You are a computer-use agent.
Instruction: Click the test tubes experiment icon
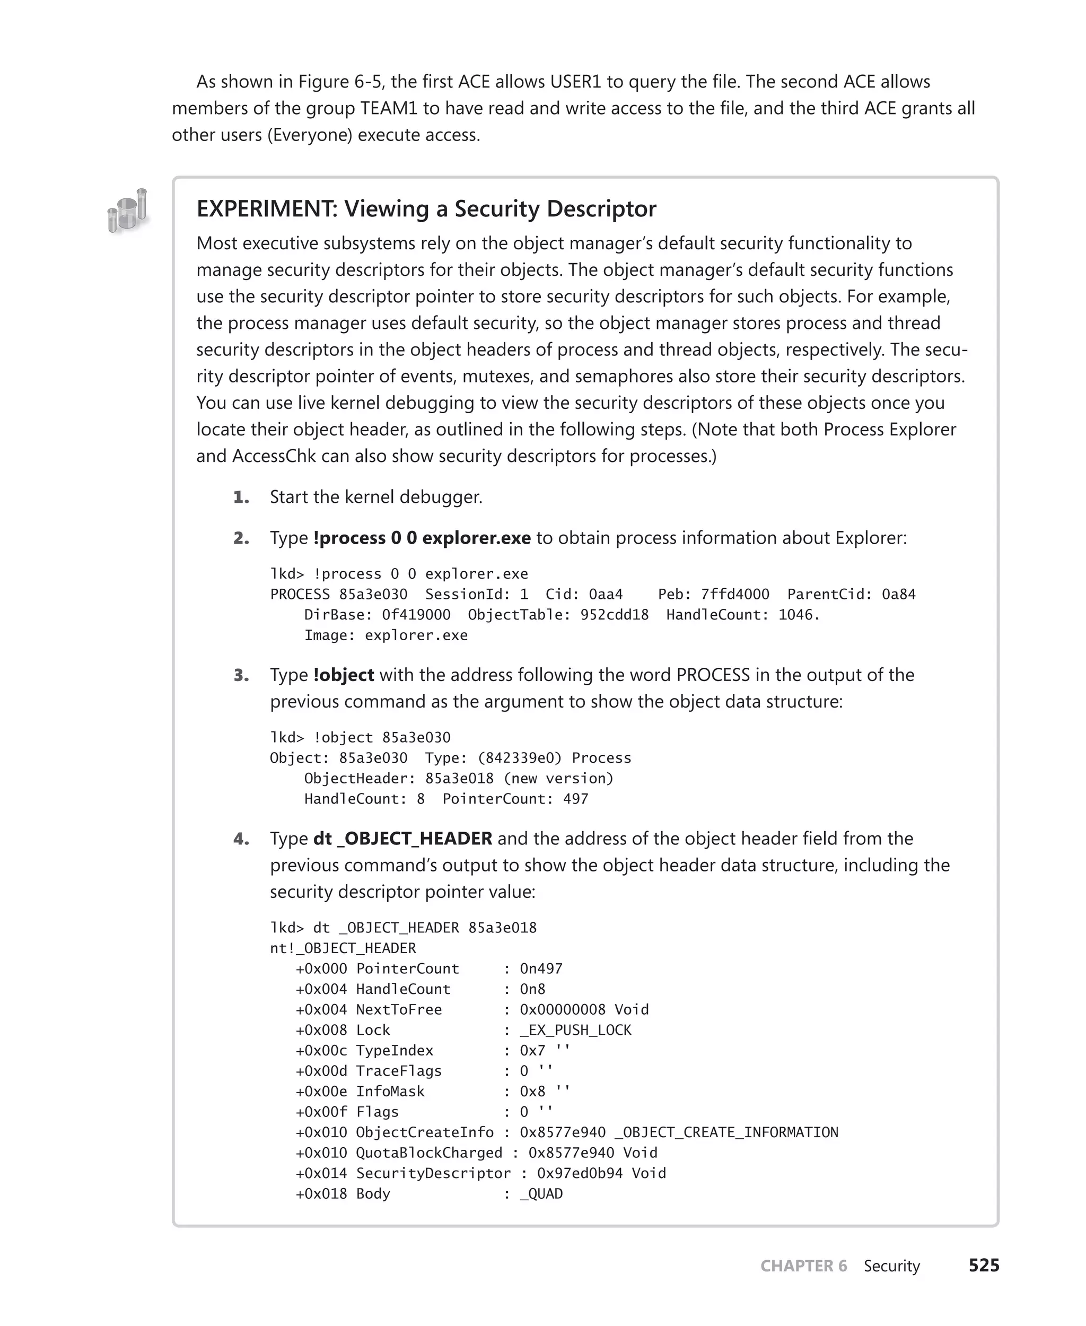(x=128, y=211)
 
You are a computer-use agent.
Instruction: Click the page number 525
(x=984, y=1266)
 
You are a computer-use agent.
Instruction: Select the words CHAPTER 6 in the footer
(x=803, y=1266)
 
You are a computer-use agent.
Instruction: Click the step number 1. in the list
(x=241, y=498)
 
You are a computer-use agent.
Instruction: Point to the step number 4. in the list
(x=241, y=839)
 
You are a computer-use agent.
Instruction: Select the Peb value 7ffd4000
(x=734, y=595)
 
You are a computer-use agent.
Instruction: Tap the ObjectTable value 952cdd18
(x=614, y=615)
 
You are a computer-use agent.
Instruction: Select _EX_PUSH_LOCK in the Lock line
(x=575, y=1030)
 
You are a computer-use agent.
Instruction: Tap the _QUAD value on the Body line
(x=541, y=1194)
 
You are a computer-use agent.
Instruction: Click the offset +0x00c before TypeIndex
(x=321, y=1051)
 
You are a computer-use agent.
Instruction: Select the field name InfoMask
(x=390, y=1092)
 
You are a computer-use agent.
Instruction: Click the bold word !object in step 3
(x=344, y=675)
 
